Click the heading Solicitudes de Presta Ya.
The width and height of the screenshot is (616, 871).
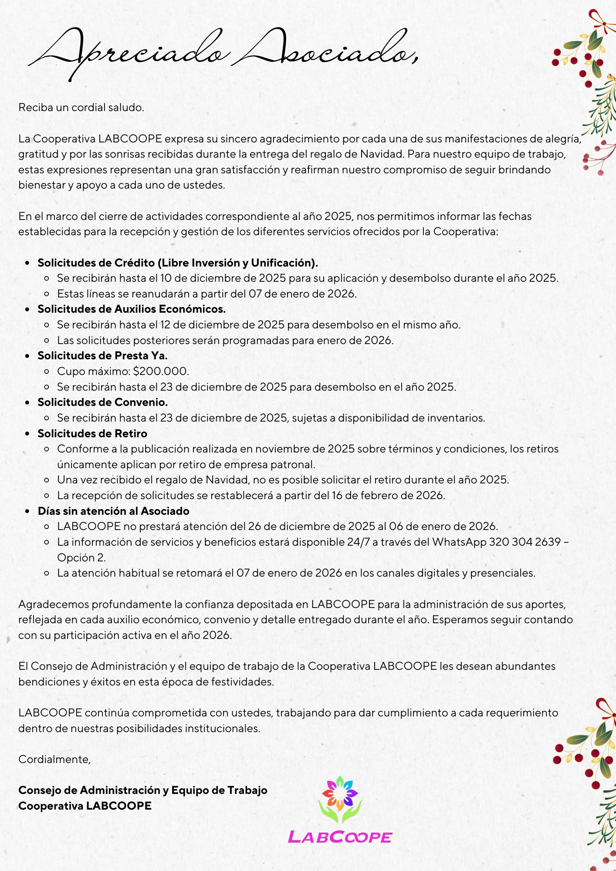[x=102, y=356]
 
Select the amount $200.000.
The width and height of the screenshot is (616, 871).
[x=161, y=371]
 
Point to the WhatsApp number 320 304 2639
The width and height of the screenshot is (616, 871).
[x=525, y=542]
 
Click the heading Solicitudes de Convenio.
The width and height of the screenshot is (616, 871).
[x=102, y=402]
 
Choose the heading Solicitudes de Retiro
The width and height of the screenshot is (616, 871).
[x=92, y=434]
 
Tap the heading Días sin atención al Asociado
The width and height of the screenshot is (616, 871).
[x=113, y=511]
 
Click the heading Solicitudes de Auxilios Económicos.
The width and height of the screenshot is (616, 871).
[x=132, y=309]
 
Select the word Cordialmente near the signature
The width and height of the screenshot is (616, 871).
[x=54, y=760]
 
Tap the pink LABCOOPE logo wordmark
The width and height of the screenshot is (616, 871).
[x=340, y=837]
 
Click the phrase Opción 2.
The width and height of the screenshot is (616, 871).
[x=81, y=558]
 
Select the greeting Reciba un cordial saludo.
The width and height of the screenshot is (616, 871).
[x=81, y=108]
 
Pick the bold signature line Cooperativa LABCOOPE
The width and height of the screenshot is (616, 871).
[x=85, y=806]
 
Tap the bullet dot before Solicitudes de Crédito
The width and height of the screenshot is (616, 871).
[x=28, y=263]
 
